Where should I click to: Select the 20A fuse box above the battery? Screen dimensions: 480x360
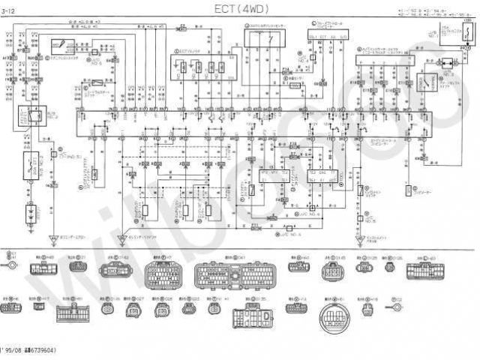[32, 162]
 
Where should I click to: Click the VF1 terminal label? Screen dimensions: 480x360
[265, 172]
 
